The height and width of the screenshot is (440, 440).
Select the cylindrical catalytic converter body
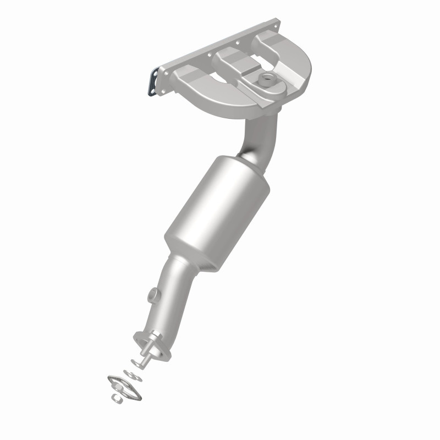click(x=217, y=212)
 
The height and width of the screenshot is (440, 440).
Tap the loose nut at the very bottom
click(x=117, y=397)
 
